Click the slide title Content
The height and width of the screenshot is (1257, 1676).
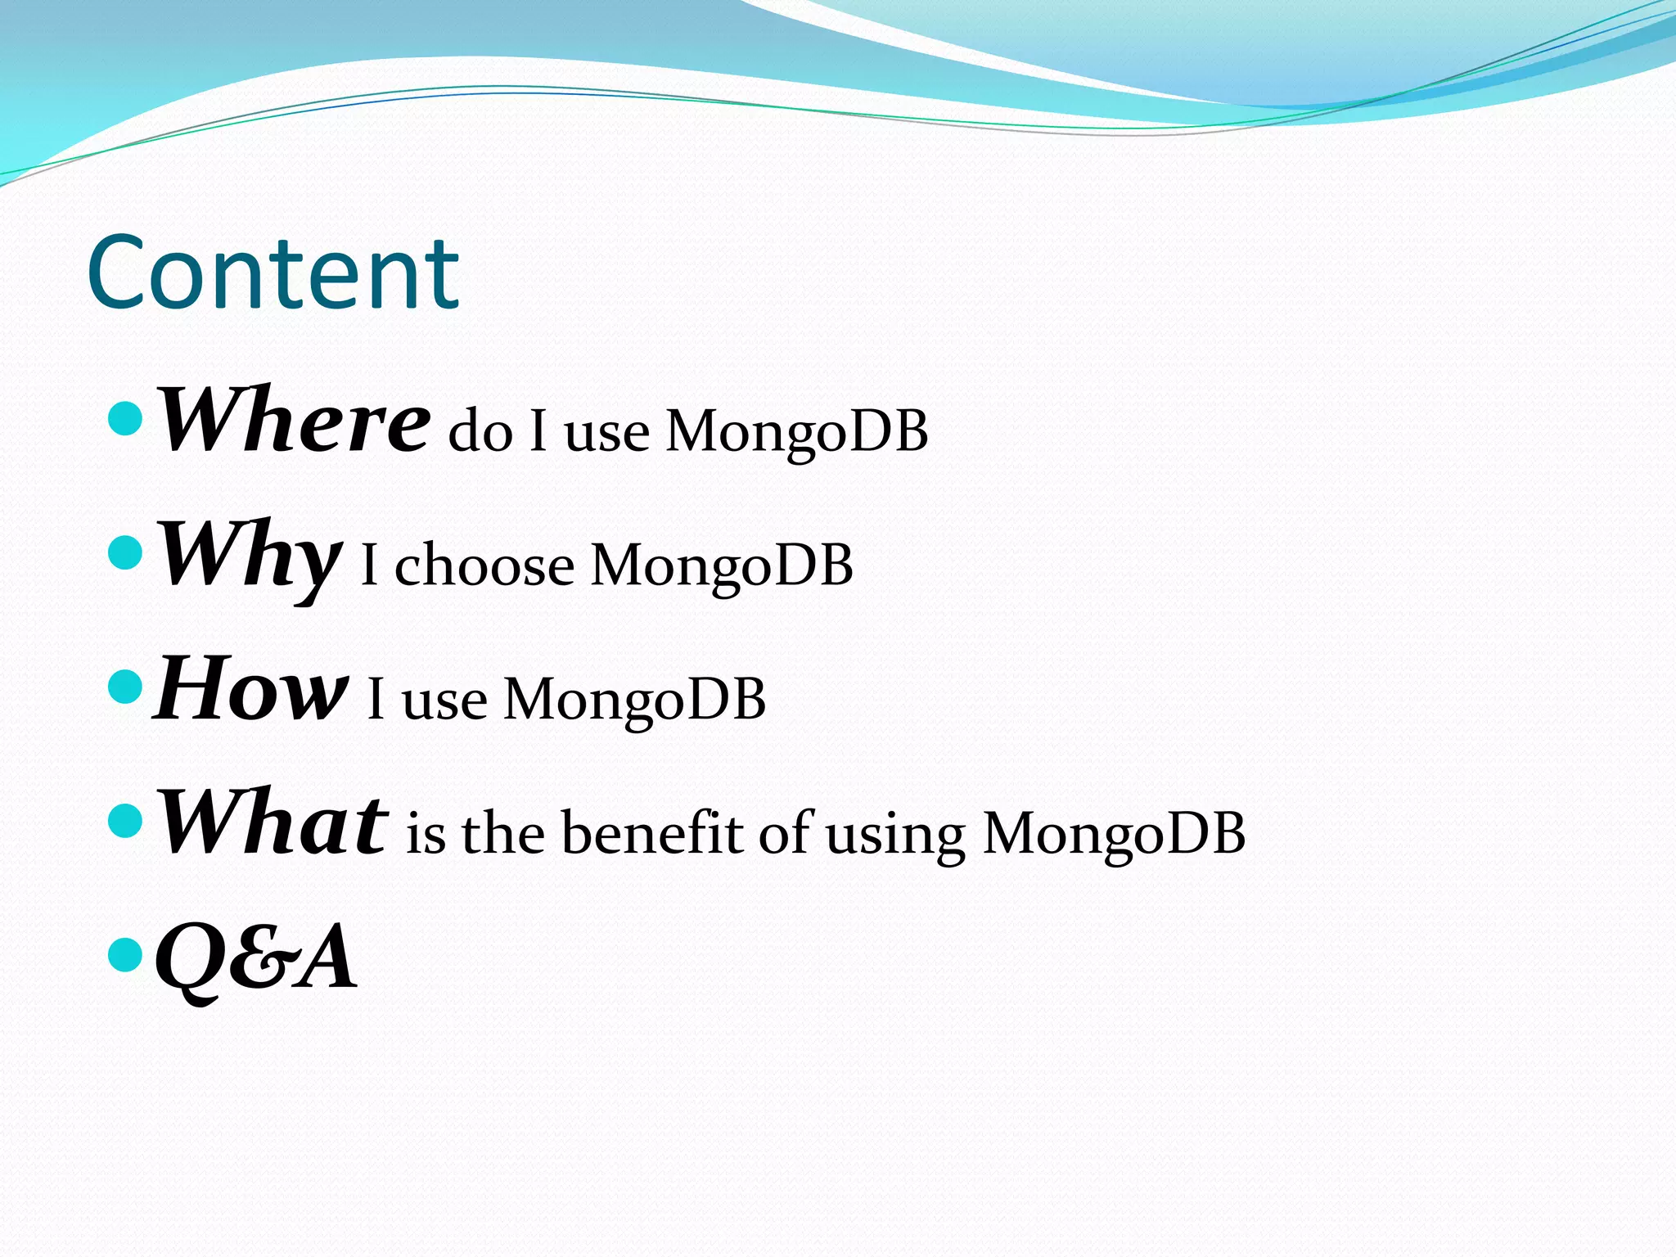[x=273, y=273]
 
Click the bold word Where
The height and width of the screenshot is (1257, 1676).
[x=292, y=421]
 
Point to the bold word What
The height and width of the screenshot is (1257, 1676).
[x=272, y=822]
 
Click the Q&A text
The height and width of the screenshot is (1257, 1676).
[x=256, y=957]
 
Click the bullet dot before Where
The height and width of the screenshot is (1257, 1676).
[x=125, y=418]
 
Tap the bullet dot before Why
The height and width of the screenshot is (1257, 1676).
[x=125, y=553]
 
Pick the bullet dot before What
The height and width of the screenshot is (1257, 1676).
[x=125, y=821]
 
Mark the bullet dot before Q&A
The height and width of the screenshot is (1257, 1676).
[x=125, y=954]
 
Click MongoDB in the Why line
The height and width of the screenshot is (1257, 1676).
[x=721, y=566]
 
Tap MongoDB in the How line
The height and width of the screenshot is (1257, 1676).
[x=634, y=701]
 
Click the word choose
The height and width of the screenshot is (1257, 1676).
[x=484, y=566]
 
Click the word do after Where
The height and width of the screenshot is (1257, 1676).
[x=480, y=431]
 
